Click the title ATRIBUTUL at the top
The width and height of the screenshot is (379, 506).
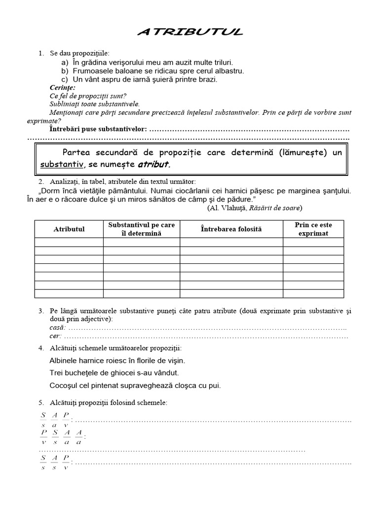[x=190, y=33]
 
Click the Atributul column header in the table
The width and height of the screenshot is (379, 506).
[x=69, y=229]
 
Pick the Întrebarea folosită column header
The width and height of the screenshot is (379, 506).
[x=231, y=229]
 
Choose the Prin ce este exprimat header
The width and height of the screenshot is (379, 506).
[x=313, y=229]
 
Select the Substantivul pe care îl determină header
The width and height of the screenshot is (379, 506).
[x=141, y=229]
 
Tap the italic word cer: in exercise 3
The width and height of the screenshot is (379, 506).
[x=56, y=336]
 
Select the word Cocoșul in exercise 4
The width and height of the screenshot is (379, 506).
[x=66, y=385]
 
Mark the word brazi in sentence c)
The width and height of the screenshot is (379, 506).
[x=207, y=79]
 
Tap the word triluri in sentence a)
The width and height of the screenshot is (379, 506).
[x=219, y=63]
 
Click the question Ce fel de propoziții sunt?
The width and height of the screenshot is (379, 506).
[x=88, y=96]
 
